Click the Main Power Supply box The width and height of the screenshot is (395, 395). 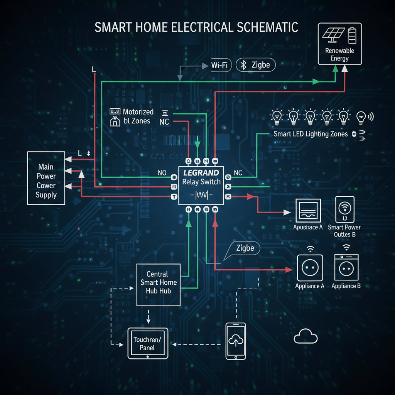click(x=46, y=178)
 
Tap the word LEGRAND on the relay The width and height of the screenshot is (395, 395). click(x=201, y=173)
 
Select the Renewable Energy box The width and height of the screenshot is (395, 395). click(x=339, y=44)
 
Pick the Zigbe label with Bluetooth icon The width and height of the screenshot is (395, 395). click(x=256, y=65)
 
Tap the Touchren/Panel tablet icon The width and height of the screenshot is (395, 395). click(x=148, y=343)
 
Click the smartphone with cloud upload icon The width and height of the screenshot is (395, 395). click(x=235, y=341)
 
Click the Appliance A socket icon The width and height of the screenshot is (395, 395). click(x=309, y=268)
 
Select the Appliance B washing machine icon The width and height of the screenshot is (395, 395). click(x=346, y=267)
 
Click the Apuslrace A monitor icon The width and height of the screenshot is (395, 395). click(x=308, y=211)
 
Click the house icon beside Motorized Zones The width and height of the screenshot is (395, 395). click(x=115, y=122)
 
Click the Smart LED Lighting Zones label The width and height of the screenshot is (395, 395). click(x=311, y=134)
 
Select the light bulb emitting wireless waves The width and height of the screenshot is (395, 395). click(x=362, y=116)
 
